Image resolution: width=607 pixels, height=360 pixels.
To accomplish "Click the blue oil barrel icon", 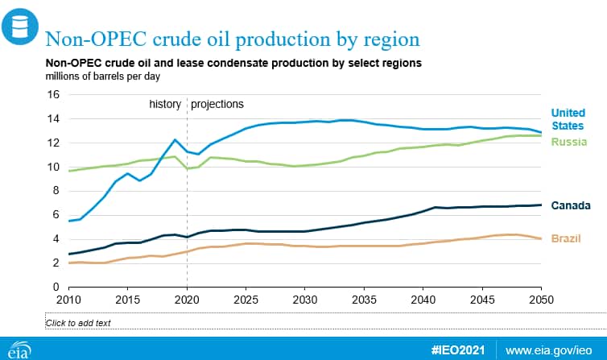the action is pos(20,27).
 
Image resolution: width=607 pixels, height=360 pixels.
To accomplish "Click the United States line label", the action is pos(568,119).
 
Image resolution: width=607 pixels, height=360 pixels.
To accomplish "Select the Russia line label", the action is pos(568,142).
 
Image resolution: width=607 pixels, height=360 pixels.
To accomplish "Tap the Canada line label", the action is pos(571,205).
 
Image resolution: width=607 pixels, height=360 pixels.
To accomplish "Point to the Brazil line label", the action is pos(566,238).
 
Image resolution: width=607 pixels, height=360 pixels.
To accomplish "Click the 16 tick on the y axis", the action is pos(53,94).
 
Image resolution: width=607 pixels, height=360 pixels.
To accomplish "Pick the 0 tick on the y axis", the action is pos(56,287).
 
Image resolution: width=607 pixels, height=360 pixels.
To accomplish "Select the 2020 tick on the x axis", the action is pos(187,300).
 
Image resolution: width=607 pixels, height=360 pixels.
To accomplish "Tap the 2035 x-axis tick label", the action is pos(364,300).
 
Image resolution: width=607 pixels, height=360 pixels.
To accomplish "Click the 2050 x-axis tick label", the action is pos(541,300).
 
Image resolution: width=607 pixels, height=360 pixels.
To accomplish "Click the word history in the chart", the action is pos(165,104).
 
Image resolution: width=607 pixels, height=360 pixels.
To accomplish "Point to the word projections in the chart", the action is pos(217,105).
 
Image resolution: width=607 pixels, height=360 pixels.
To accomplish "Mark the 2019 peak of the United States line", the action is pos(175,140).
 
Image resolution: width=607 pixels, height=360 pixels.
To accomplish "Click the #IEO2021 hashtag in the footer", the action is pos(458,350).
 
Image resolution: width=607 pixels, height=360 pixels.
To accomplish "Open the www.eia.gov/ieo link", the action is pos(548,350).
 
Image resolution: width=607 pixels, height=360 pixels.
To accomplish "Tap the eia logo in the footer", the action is pos(19,350).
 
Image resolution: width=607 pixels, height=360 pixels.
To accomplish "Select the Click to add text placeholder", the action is pos(78,323).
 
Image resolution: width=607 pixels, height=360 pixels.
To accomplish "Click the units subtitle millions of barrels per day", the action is pos(102,77).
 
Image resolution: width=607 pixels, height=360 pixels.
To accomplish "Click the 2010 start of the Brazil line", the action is pos(69,263).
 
